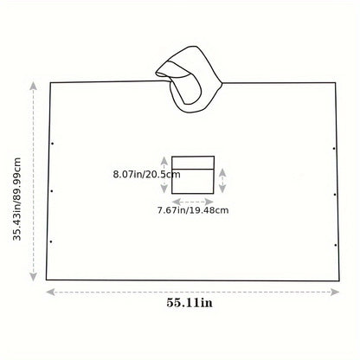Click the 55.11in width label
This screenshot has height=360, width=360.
[190, 303]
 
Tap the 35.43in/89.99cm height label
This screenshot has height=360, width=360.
[17, 199]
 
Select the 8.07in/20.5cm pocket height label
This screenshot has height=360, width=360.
[146, 174]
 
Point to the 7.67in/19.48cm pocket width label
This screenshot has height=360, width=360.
[193, 210]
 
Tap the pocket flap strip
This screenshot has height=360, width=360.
[193, 163]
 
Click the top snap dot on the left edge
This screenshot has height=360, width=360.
[52, 144]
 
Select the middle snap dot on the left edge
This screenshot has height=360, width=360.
[52, 191]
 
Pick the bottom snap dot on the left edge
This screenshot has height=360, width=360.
[51, 241]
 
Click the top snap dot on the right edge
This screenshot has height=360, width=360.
[334, 149]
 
